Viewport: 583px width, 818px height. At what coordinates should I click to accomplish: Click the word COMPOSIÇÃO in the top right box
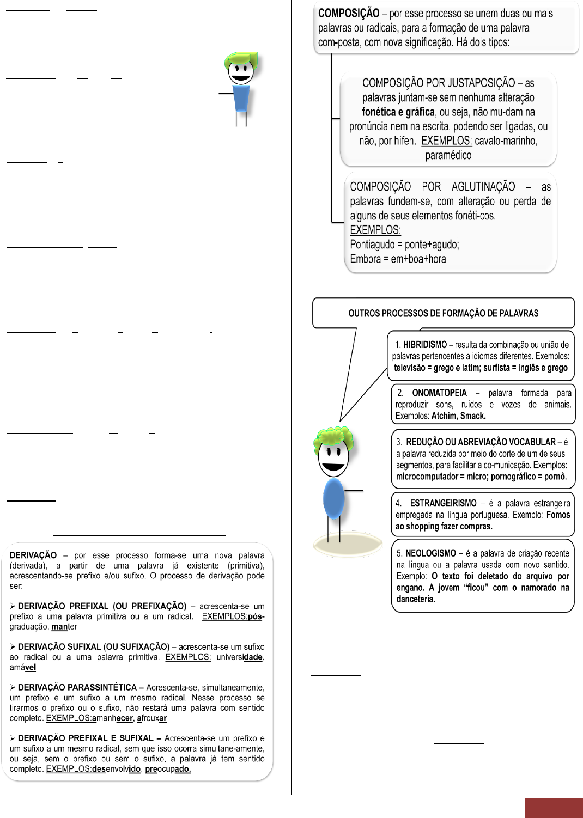(349, 14)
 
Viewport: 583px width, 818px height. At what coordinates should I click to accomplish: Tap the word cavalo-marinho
(506, 141)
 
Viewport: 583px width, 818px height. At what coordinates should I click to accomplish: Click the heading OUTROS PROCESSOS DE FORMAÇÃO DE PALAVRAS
(443, 313)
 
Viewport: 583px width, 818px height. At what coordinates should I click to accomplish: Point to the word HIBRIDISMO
(424, 345)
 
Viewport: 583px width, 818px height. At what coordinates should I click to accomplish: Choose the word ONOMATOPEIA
(439, 393)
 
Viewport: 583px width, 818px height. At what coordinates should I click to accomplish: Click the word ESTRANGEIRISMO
(443, 503)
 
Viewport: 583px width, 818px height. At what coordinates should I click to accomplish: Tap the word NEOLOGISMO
(430, 553)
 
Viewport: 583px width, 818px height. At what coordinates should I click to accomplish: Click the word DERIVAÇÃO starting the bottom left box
(33, 555)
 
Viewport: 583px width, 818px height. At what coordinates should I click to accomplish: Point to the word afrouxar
(152, 718)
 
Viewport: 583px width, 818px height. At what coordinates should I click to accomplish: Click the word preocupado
(168, 769)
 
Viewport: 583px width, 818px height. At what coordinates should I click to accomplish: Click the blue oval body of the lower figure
(333, 498)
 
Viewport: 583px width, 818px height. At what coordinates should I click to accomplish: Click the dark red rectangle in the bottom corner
(554, 808)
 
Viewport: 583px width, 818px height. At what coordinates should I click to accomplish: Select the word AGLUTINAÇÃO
(483, 187)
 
